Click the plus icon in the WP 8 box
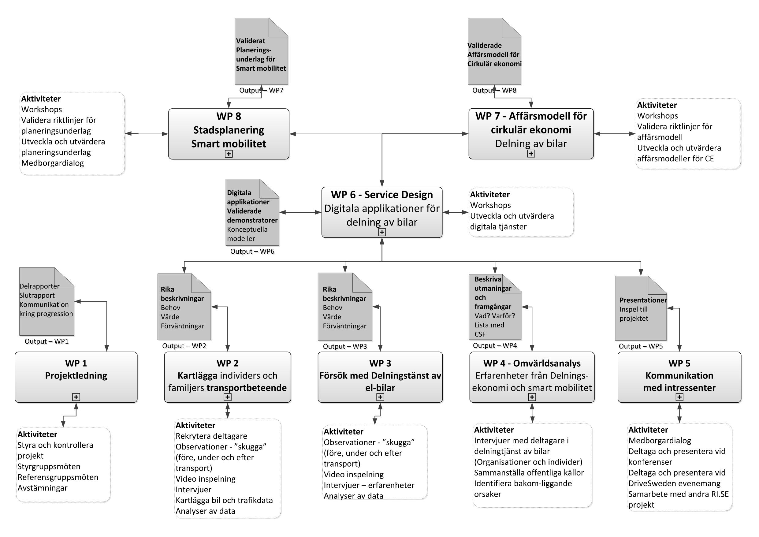click(229, 154)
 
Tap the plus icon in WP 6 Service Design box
click(382, 232)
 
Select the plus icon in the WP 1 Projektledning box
click(76, 397)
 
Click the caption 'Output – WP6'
click(252, 251)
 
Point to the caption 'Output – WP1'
click(47, 341)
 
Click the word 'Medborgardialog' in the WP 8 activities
click(53, 163)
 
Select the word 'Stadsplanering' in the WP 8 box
click(229, 130)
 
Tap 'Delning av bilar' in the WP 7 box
click(531, 144)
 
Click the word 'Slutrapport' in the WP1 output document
click(37, 295)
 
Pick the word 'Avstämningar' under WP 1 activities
click(42, 488)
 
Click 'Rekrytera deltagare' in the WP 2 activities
click(211, 436)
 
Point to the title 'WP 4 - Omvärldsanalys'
click(532, 364)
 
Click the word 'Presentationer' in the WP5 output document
click(643, 300)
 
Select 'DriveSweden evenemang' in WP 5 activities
click(674, 483)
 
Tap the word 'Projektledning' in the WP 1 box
click(76, 376)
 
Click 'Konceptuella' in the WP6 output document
click(247, 229)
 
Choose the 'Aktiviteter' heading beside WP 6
click(490, 194)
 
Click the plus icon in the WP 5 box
click(679, 397)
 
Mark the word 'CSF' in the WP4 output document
click(480, 334)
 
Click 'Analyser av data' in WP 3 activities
click(353, 496)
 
